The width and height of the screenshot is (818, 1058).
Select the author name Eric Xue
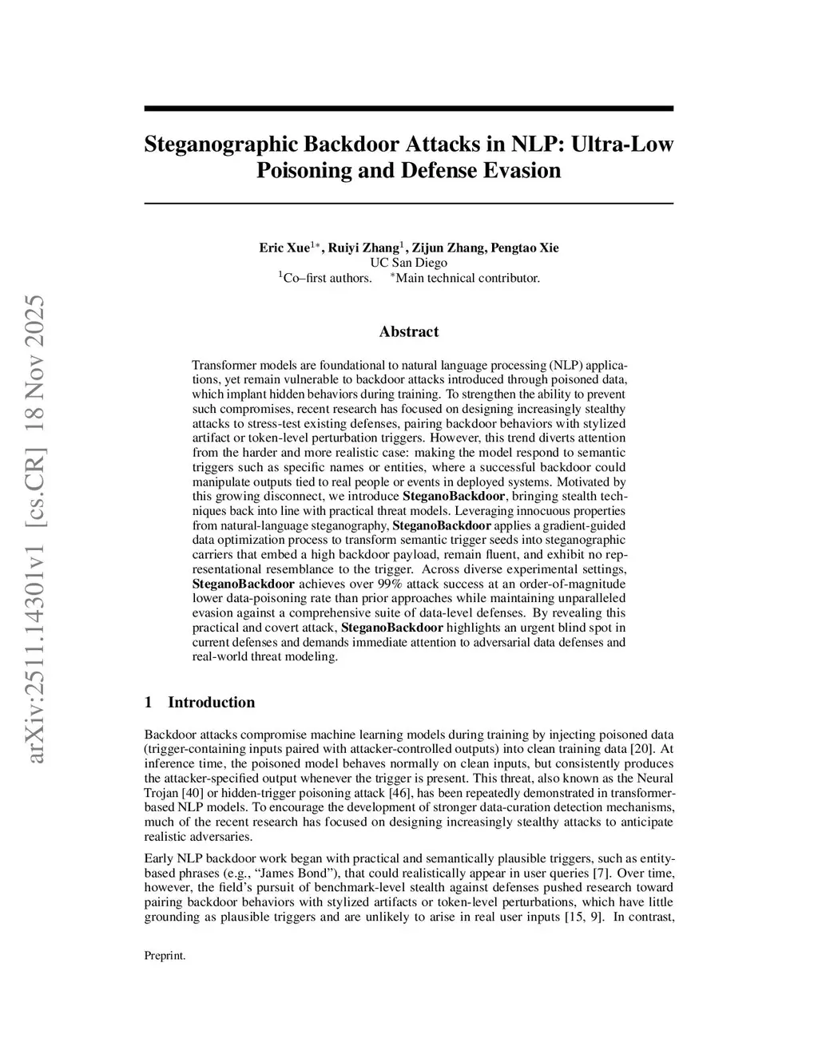pyautogui.click(x=284, y=248)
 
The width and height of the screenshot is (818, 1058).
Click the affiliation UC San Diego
pyautogui.click(x=408, y=263)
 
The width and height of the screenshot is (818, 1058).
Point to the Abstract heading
pyautogui.click(x=408, y=331)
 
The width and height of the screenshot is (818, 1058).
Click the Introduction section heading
pyautogui.click(x=211, y=703)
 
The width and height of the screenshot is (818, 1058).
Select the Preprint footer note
pyautogui.click(x=165, y=956)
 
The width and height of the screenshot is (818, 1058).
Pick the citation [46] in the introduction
pyautogui.click(x=403, y=793)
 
